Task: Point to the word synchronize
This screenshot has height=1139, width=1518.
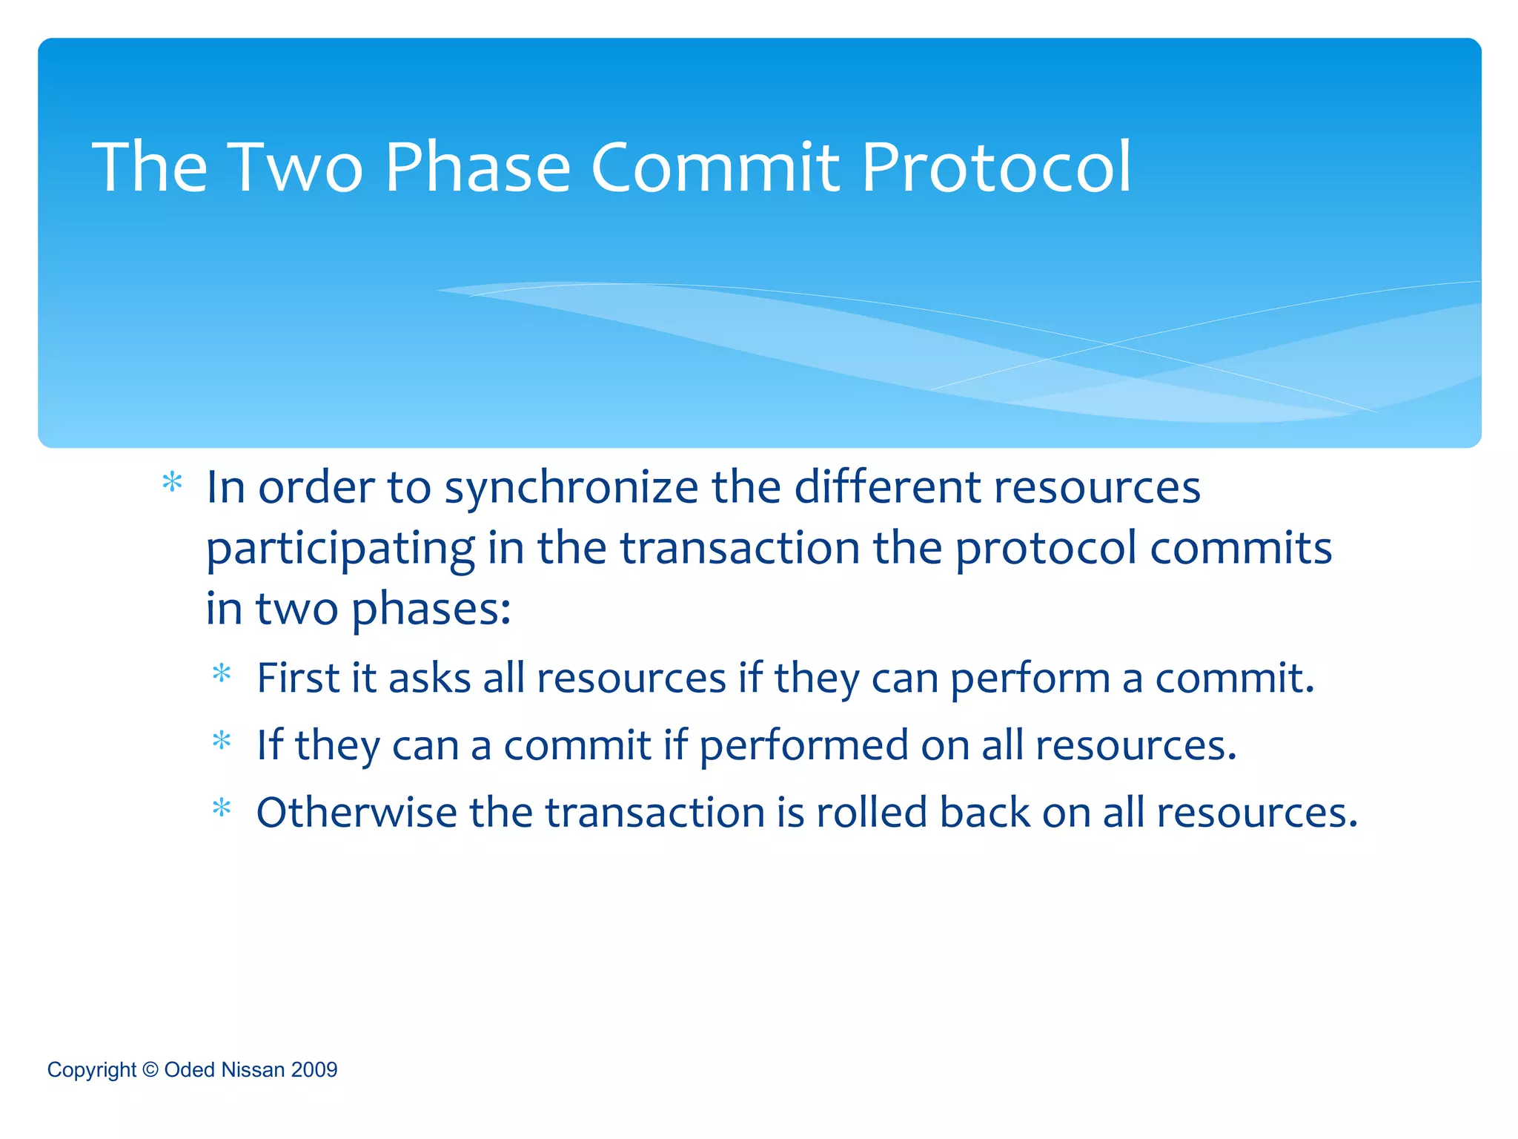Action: point(571,489)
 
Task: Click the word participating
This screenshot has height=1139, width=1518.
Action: point(340,550)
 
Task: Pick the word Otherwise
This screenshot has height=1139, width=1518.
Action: point(357,812)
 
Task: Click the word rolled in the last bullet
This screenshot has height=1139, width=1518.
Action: point(872,812)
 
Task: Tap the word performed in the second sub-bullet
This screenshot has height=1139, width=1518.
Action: point(803,746)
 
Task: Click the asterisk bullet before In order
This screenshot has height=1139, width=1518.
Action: point(172,483)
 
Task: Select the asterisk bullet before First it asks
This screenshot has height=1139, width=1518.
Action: point(222,673)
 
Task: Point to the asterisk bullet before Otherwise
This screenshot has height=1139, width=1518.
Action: point(222,808)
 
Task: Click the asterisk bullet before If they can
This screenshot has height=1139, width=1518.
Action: point(222,740)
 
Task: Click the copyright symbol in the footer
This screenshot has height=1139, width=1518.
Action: point(150,1069)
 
